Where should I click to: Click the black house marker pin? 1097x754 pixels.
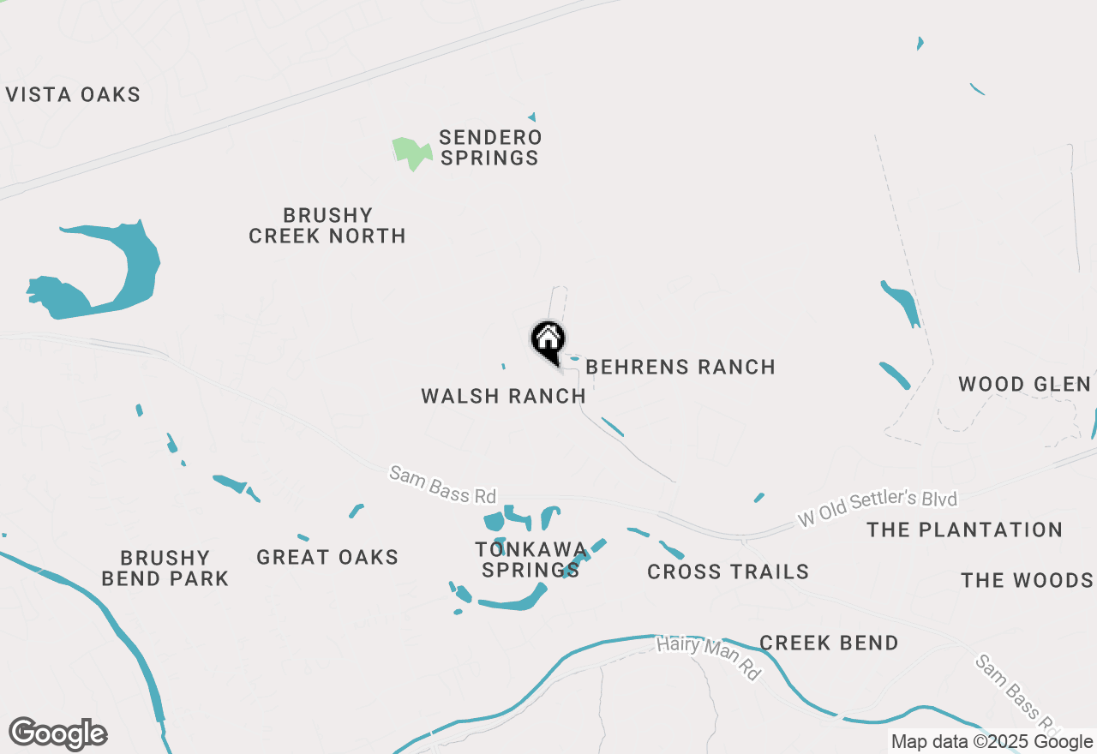point(548,340)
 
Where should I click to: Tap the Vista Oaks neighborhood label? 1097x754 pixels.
point(73,94)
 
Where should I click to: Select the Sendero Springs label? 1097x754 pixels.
point(489,147)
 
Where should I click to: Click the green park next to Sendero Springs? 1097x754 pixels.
point(411,152)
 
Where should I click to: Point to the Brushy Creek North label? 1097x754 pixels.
point(327,225)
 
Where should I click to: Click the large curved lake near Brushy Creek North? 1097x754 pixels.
point(129,266)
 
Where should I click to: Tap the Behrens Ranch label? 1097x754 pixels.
point(680,367)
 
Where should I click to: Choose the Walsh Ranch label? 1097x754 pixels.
point(504,396)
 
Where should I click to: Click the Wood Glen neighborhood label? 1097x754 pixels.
point(1024,384)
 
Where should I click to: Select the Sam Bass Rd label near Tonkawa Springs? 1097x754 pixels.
point(442,484)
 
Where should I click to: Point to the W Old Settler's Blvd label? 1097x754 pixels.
point(877,508)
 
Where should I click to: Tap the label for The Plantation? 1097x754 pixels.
point(964,530)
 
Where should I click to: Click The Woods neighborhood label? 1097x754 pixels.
point(1027,580)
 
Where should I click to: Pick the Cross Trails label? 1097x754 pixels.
point(728,571)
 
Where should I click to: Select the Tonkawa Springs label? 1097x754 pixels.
point(531,560)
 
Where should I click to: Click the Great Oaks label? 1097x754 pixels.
point(327,557)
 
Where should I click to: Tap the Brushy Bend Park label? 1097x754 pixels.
point(165,568)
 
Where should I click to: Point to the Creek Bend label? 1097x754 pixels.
point(829,643)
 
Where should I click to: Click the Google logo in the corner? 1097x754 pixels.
point(58,734)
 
